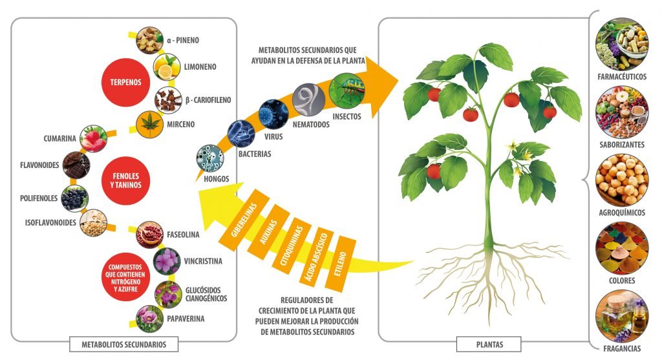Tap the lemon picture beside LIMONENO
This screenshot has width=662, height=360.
click(x=166, y=67)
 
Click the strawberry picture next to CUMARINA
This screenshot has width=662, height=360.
click(x=94, y=138)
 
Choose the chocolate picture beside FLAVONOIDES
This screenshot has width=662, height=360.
click(x=76, y=165)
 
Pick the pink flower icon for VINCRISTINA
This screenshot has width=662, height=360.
click(x=167, y=262)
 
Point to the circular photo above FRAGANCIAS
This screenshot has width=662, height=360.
click(x=622, y=316)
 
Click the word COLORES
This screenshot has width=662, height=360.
click(x=622, y=281)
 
